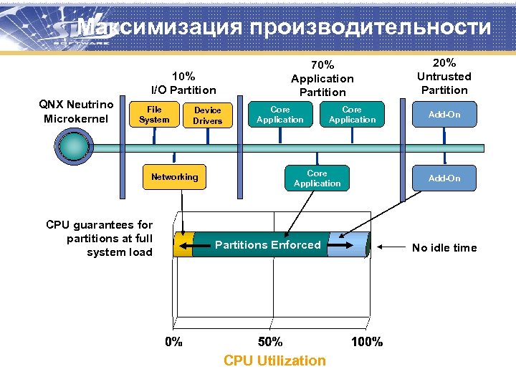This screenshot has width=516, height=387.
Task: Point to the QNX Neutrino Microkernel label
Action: pos(78,112)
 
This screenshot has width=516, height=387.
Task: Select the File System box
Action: pos(154,115)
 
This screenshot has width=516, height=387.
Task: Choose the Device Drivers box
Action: pos(208,115)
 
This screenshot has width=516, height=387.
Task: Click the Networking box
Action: pos(174,177)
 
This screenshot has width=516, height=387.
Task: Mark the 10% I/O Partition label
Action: pos(183,83)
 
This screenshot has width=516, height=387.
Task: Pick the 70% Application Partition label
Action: pos(322,78)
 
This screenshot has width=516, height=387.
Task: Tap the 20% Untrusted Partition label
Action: pos(444,76)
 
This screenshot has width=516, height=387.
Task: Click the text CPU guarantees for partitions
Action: pos(99,239)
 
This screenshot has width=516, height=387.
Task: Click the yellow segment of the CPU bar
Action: pos(183,244)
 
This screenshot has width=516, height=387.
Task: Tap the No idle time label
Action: pos(444,248)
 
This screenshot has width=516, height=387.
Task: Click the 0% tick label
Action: pos(174,342)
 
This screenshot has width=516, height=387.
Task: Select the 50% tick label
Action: pos(270,342)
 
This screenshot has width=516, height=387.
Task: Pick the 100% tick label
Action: pos(367,342)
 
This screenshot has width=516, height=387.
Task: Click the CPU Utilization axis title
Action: pos(274,361)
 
